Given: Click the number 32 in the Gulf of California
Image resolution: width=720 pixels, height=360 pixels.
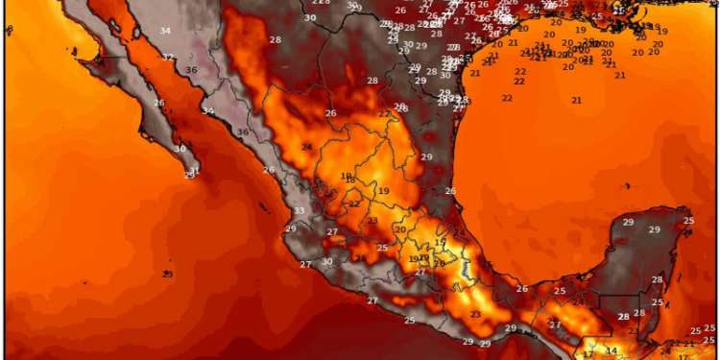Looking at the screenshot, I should click(x=168, y=57).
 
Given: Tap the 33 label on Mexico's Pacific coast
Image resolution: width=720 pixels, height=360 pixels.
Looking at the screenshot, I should click(x=300, y=211).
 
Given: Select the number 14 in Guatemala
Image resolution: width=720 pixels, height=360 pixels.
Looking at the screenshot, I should click(x=612, y=350).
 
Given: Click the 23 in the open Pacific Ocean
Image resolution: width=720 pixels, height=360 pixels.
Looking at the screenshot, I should click(x=167, y=275).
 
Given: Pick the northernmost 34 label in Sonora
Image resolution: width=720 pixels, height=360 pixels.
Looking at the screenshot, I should click(x=165, y=31).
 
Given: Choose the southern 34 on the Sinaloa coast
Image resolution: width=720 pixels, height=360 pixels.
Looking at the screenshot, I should click(x=207, y=110).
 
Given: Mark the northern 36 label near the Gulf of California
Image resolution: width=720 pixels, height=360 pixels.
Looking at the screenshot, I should click(x=191, y=69).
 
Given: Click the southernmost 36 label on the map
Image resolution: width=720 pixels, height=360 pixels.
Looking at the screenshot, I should click(x=243, y=132).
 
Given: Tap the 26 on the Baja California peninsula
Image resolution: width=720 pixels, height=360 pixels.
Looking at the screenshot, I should click(x=158, y=103).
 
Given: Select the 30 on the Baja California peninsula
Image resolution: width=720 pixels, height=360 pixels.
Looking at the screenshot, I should click(x=180, y=148).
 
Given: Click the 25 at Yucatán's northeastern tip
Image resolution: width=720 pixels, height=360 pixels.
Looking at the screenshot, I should click(x=688, y=221).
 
